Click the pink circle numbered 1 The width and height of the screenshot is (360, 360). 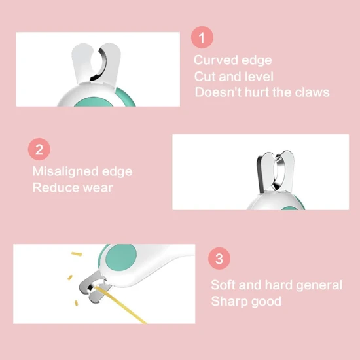(202, 37)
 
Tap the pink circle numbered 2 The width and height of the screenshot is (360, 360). (39, 149)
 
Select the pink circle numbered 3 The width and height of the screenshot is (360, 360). (219, 259)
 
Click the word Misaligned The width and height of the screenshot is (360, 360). (65, 171)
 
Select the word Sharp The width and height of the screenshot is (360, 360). (229, 302)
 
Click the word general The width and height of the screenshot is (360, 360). (319, 285)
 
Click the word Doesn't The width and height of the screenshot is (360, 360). (218, 92)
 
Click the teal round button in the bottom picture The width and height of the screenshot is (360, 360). (121, 258)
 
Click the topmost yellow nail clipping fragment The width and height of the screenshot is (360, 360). (77, 254)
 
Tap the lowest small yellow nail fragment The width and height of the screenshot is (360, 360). (76, 303)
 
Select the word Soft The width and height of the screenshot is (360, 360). (223, 285)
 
